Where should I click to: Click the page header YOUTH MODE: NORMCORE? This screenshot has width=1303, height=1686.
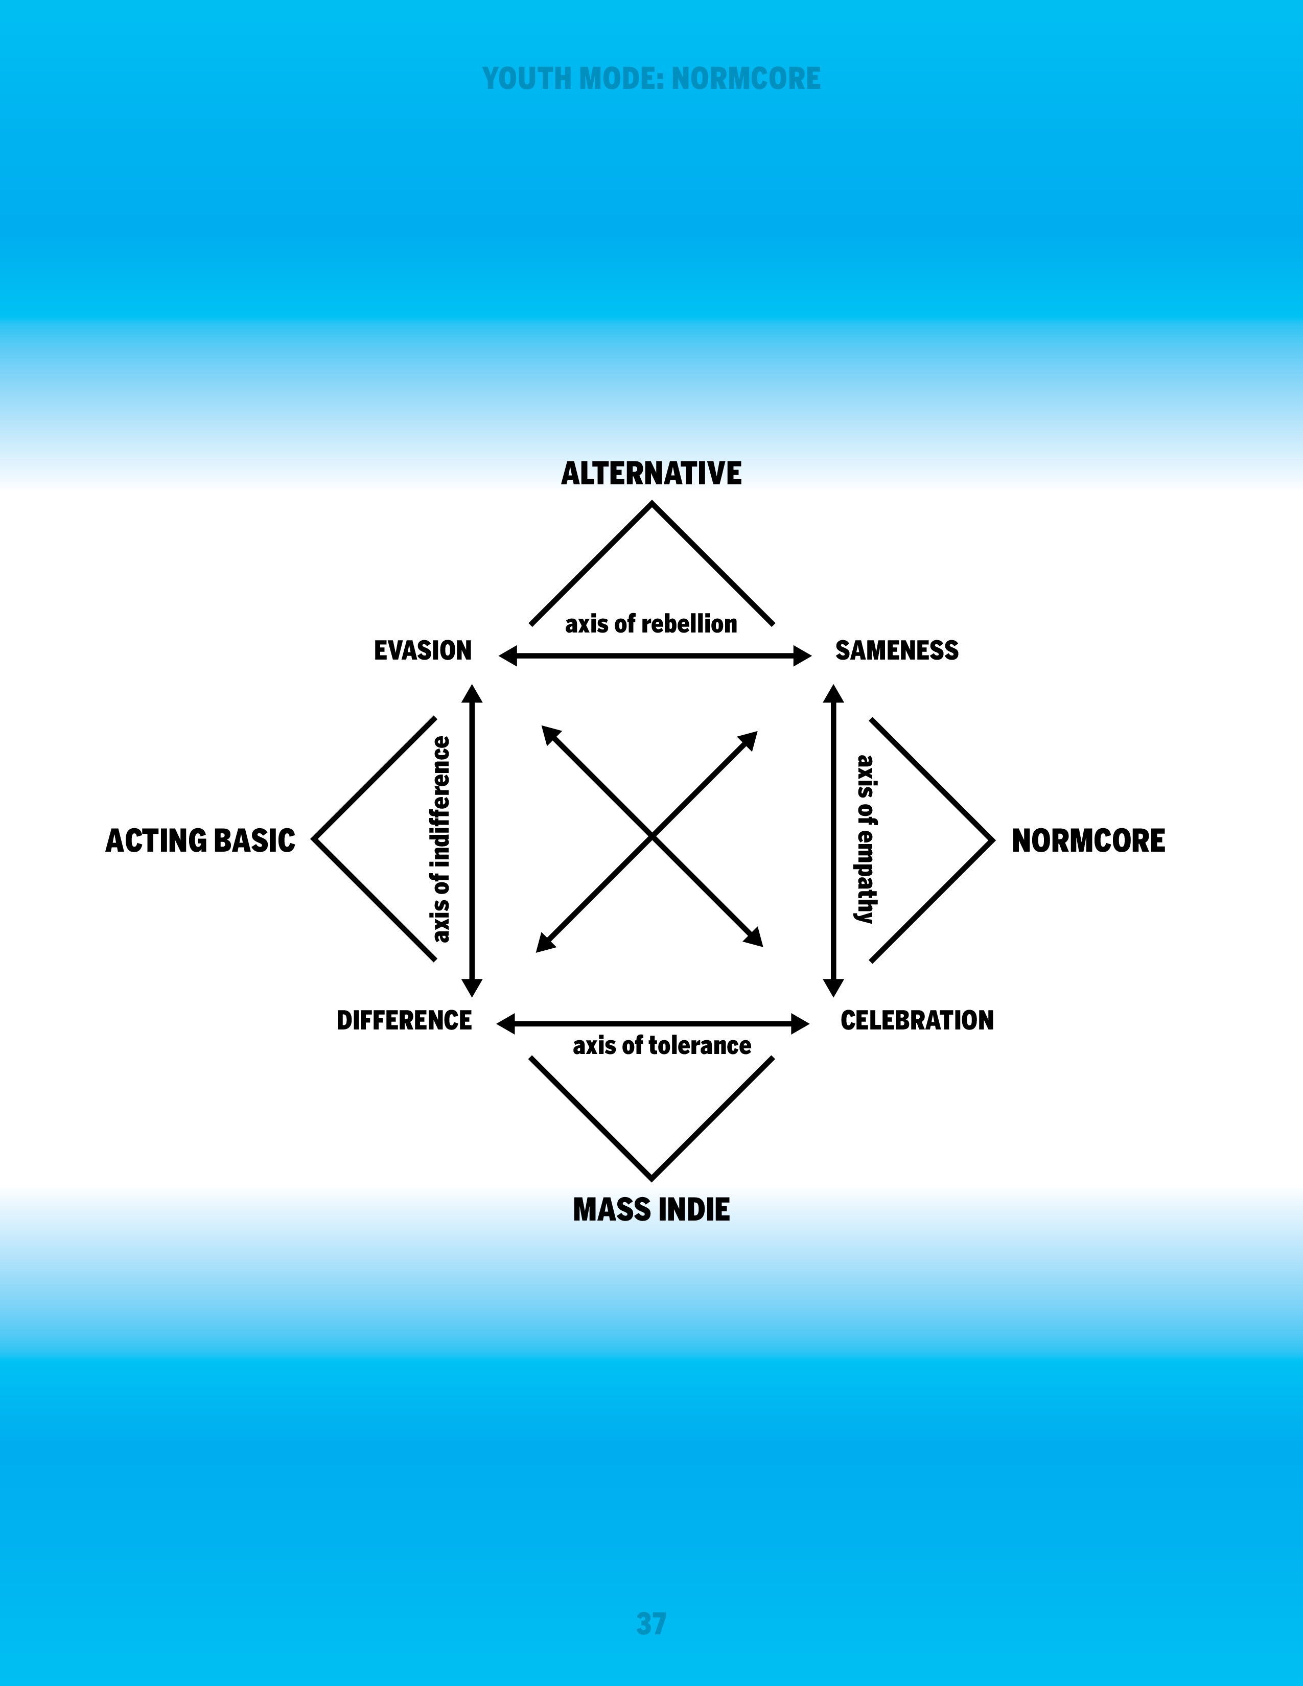[x=651, y=79]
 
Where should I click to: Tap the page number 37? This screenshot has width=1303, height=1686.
[x=651, y=1624]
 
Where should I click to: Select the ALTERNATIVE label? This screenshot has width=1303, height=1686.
[x=651, y=473]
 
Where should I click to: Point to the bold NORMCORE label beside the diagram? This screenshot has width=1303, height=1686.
[x=1088, y=840]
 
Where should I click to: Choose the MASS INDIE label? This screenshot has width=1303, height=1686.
[x=651, y=1210]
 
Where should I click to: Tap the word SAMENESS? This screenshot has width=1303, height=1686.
[x=897, y=651]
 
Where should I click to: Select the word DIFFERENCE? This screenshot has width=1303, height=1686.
[x=404, y=1021]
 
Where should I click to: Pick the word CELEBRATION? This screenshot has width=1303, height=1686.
[x=917, y=1021]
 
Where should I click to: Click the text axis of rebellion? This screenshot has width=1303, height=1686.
[x=651, y=624]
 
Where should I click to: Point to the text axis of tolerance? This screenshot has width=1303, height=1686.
[x=662, y=1045]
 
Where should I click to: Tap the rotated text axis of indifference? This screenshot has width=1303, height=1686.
[x=441, y=839]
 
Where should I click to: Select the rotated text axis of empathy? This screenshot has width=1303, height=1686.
[x=865, y=839]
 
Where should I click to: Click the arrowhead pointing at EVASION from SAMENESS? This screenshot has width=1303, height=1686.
[x=508, y=656]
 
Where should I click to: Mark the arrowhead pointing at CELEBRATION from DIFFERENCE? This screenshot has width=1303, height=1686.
[x=801, y=1024]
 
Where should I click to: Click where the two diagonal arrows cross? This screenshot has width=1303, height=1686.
[x=651, y=837]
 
